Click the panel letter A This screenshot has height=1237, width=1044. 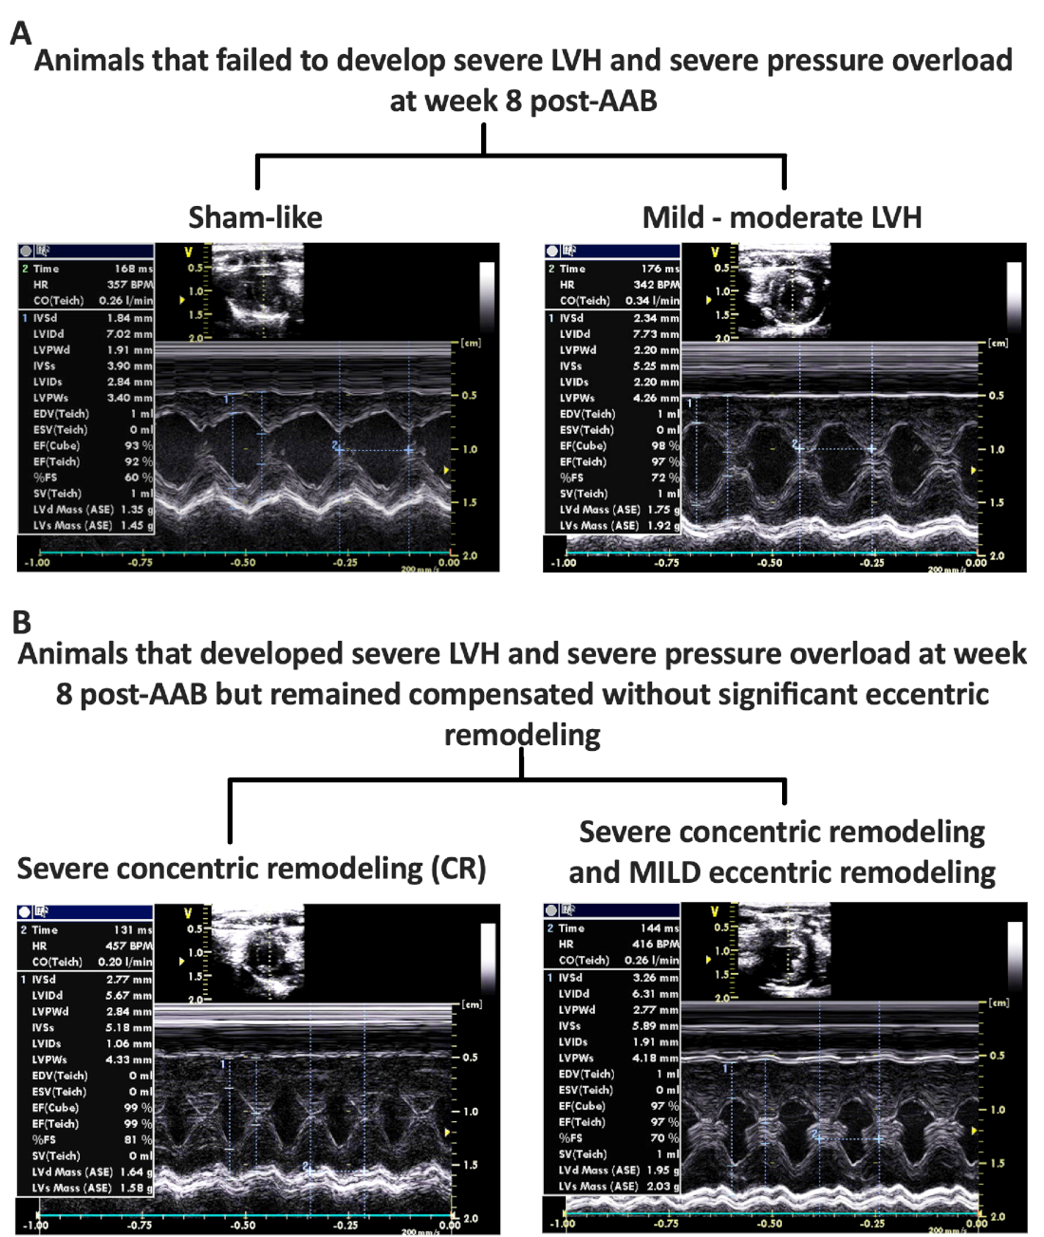pos(21,34)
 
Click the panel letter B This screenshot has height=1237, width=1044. pos(21,622)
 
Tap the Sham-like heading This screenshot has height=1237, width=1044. pos(255,217)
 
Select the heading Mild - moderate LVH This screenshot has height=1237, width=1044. pos(782,217)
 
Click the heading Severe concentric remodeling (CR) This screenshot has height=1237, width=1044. pos(252,869)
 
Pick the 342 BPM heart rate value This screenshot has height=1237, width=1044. pos(657,285)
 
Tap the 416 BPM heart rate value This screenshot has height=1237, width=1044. pos(656,945)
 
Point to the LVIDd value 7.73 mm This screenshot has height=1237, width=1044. pos(657,334)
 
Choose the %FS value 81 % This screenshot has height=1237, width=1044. pos(138,1140)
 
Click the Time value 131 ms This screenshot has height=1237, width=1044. pos(133,930)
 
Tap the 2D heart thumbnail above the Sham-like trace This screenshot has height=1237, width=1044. pos(257,290)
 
